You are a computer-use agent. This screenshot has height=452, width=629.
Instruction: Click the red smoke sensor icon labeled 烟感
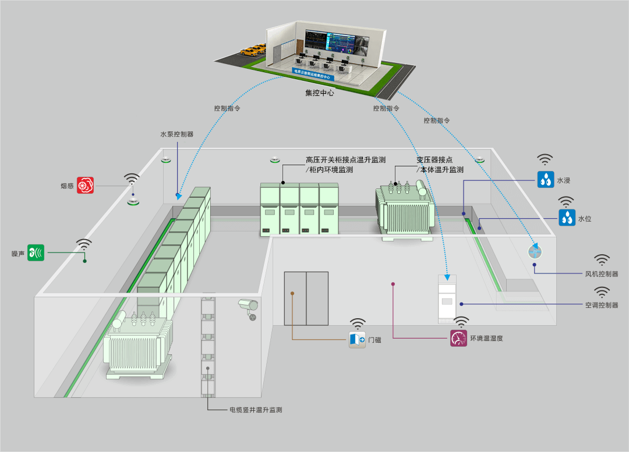click(x=85, y=186)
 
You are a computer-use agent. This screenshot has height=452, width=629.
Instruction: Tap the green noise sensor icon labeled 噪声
click(x=36, y=252)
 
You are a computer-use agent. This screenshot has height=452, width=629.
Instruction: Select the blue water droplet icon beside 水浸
click(x=546, y=179)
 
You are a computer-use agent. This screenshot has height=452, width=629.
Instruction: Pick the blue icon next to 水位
click(x=567, y=218)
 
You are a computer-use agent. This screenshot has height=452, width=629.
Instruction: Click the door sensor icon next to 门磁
click(x=357, y=339)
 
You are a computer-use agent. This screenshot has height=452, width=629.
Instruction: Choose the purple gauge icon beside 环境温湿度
click(x=458, y=338)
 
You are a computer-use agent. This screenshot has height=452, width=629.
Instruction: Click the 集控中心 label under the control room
click(x=319, y=92)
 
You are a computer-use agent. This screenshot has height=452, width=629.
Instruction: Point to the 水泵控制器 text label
click(x=177, y=134)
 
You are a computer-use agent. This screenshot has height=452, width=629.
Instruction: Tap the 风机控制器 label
click(x=602, y=273)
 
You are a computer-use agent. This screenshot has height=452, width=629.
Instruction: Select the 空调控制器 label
click(x=602, y=305)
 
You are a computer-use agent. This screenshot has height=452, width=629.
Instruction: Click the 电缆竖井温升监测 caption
click(x=255, y=410)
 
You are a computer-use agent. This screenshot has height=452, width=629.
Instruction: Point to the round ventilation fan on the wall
click(x=535, y=252)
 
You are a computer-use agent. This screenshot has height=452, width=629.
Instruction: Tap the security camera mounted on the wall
click(x=249, y=306)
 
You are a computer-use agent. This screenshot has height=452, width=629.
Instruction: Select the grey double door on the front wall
click(x=306, y=298)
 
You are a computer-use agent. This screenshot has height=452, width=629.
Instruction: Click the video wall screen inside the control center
click(x=330, y=42)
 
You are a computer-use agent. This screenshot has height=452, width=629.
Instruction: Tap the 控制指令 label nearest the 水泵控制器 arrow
click(x=227, y=108)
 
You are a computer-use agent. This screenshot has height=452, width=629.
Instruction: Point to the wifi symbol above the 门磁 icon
click(x=358, y=323)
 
